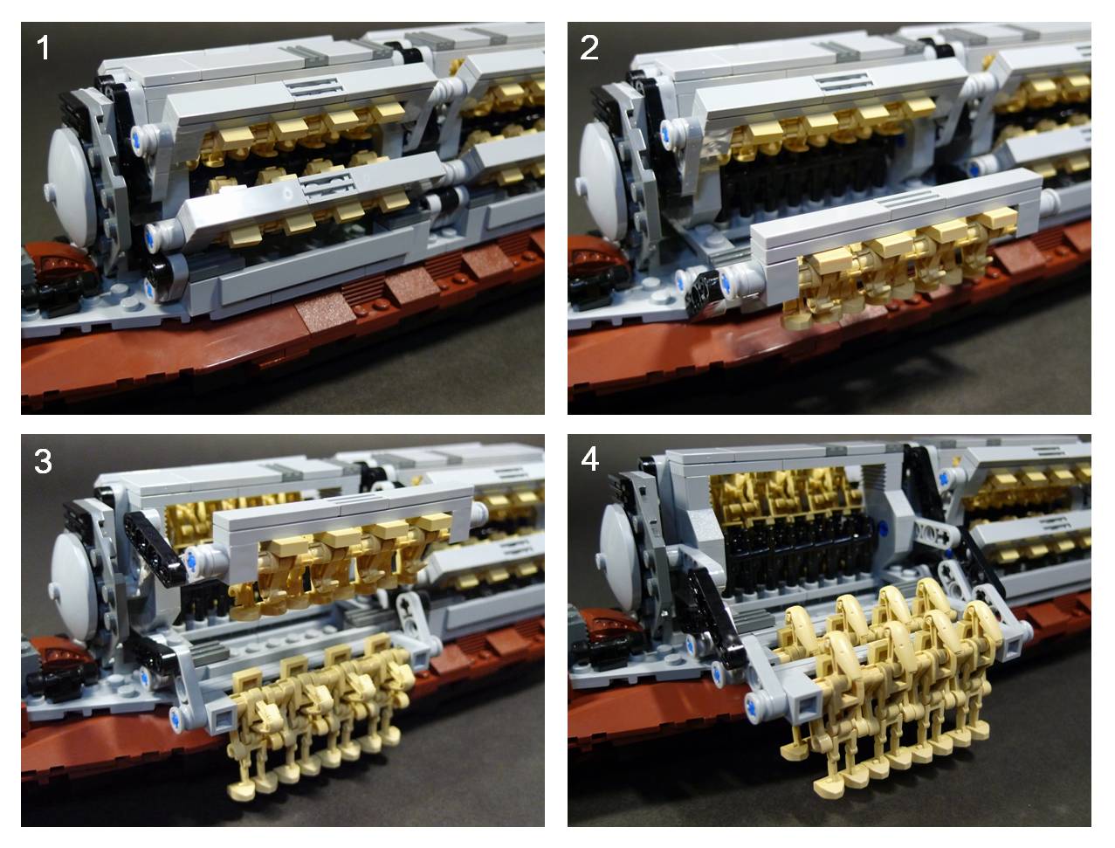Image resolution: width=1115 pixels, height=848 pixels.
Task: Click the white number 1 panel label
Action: [43, 47]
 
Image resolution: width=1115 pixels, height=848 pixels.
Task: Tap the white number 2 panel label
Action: [589, 48]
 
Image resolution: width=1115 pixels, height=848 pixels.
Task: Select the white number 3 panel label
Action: [43, 461]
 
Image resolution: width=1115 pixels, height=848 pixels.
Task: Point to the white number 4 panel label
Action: [589, 460]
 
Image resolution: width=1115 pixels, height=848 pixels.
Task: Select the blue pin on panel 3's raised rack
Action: [193, 561]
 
